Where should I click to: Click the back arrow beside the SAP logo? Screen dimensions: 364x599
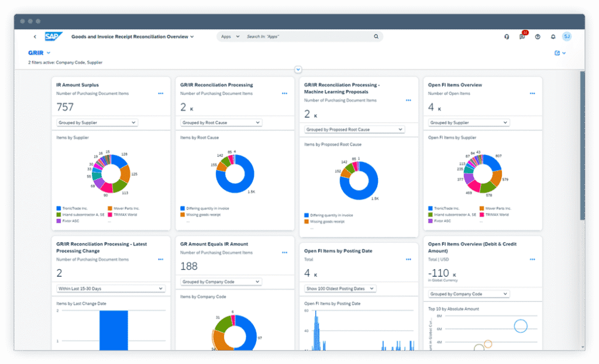[35, 37]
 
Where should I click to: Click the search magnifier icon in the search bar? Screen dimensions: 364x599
[376, 36]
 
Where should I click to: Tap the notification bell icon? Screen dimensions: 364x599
[553, 37]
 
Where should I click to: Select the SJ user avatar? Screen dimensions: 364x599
[566, 36]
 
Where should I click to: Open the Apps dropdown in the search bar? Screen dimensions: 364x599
[228, 36]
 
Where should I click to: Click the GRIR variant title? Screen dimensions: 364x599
[36, 53]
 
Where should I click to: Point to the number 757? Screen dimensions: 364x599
[65, 107]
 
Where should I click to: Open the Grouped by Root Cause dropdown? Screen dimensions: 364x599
[221, 123]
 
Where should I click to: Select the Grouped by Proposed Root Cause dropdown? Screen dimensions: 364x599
[354, 129]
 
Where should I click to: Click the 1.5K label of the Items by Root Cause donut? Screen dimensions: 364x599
[251, 192]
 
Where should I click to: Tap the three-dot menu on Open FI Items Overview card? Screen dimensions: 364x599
[532, 93]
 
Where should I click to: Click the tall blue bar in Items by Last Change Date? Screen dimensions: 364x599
[113, 330]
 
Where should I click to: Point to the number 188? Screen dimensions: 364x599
[189, 266]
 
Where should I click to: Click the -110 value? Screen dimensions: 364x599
[439, 273]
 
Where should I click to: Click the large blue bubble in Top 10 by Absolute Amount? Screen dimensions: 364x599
[520, 325]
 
